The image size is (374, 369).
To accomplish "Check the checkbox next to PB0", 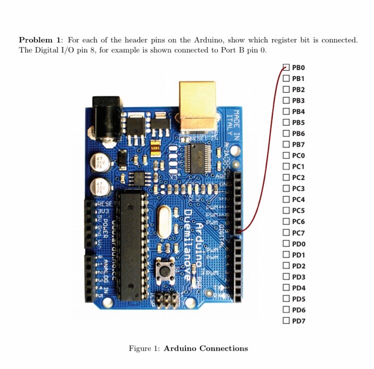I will pyautogui.click(x=286, y=67).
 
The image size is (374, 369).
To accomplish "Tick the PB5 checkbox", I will pyautogui.click(x=286, y=123).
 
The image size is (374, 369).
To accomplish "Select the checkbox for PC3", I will pyautogui.click(x=286, y=189).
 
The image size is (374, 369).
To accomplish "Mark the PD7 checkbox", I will pyautogui.click(x=286, y=321).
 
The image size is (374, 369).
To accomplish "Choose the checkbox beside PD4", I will pyautogui.click(x=286, y=288).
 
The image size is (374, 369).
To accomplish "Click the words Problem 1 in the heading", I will pyautogui.click(x=40, y=40).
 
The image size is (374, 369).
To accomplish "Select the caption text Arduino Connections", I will pyautogui.click(x=206, y=349).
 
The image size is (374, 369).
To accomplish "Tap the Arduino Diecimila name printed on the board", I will pyautogui.click(x=193, y=244).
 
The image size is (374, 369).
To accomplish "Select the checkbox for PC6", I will pyautogui.click(x=286, y=222).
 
